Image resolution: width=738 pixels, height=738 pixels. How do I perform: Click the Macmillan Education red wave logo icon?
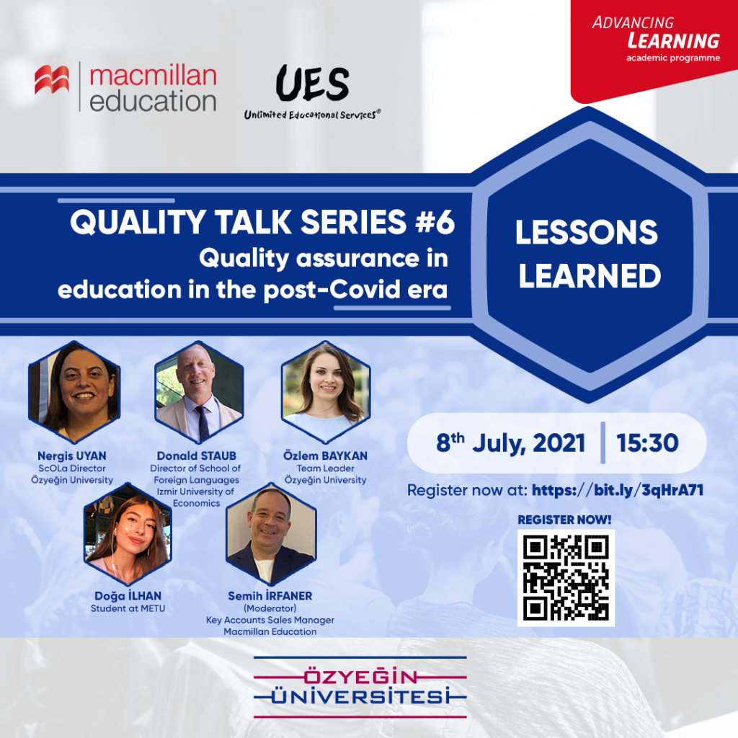tap(52, 79)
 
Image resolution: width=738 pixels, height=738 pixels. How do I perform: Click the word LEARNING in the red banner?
tap(674, 41)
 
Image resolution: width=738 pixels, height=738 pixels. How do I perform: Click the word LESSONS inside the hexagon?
tap(587, 232)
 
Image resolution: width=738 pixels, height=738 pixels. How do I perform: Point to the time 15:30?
tap(647, 443)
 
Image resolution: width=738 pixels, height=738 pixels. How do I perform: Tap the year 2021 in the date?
tap(559, 443)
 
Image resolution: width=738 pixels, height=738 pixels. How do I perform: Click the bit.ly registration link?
tap(618, 490)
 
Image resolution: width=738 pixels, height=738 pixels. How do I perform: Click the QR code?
tap(566, 577)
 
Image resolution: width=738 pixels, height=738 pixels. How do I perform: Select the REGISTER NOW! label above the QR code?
tap(564, 520)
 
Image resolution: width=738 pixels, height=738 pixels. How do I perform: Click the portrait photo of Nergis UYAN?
tap(74, 392)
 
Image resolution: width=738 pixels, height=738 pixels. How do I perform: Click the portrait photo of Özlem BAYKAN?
tap(326, 392)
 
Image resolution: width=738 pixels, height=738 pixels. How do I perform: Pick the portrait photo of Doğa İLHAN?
tap(128, 534)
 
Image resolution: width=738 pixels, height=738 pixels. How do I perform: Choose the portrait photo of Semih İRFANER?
tap(271, 534)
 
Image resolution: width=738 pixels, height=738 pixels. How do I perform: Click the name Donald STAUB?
tap(196, 455)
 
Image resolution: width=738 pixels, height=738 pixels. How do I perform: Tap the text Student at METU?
tap(128, 608)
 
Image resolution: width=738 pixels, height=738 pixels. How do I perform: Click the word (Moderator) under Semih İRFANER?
tap(270, 608)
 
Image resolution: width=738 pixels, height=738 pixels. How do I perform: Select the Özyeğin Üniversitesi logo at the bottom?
tap(360, 687)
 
